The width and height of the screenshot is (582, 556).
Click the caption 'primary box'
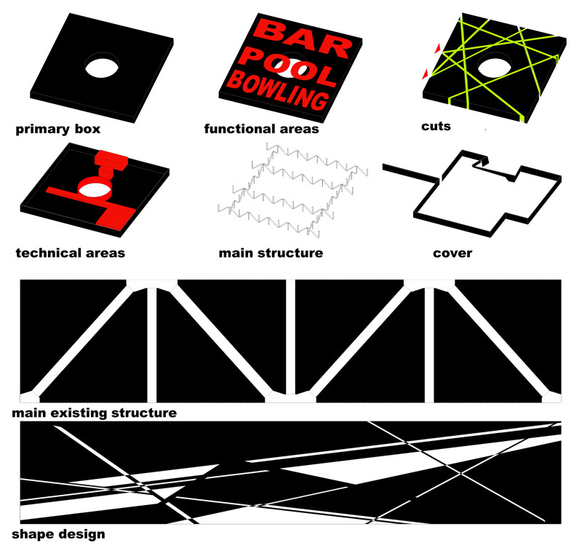point(58,130)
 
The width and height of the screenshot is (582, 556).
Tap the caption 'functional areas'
point(261,129)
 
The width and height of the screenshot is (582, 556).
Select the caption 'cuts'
point(436,127)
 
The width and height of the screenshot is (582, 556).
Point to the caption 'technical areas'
point(70,253)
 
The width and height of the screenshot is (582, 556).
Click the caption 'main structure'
point(271,253)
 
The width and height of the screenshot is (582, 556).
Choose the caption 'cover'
point(453,253)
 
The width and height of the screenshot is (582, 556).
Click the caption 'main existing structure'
point(95,413)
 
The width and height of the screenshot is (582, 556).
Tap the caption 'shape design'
point(58,534)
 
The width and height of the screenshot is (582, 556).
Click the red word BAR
point(303,37)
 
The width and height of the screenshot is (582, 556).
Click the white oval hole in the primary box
point(102,68)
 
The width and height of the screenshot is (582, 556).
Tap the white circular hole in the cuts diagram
point(495,67)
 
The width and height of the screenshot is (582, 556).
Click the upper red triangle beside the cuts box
point(439,48)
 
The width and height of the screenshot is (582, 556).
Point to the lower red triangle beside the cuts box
point(426,74)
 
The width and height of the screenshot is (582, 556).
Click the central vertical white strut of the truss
point(290,337)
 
